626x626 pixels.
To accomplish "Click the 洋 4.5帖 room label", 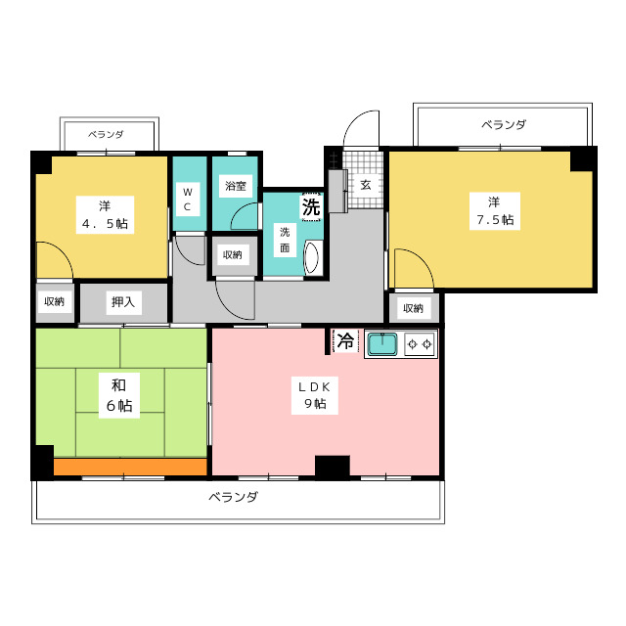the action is point(105,215).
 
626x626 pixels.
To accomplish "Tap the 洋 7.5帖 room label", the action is point(495,211).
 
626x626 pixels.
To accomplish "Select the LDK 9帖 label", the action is point(315,395).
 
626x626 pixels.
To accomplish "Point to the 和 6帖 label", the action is point(119,395).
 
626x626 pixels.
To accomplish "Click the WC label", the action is point(187,200).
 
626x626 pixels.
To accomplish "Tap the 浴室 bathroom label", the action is point(236,186).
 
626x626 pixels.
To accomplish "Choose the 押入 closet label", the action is point(123,302).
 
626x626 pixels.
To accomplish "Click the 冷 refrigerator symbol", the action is point(345,341).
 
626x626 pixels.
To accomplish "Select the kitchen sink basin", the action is point(382,344).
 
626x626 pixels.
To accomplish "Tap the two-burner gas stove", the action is point(420,343).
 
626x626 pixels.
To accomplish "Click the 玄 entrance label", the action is point(365,185).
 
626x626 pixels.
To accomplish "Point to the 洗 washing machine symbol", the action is point(311,206).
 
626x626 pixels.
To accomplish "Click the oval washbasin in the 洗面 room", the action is point(311,258).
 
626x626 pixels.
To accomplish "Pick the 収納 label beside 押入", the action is point(55,302).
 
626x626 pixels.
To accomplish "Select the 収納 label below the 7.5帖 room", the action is point(413,308).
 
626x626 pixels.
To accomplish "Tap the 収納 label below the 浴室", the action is point(233,254).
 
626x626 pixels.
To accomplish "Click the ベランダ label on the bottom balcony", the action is point(234,497).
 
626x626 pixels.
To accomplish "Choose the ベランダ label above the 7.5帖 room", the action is point(504,125).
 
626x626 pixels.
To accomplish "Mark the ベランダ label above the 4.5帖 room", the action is point(106,135).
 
